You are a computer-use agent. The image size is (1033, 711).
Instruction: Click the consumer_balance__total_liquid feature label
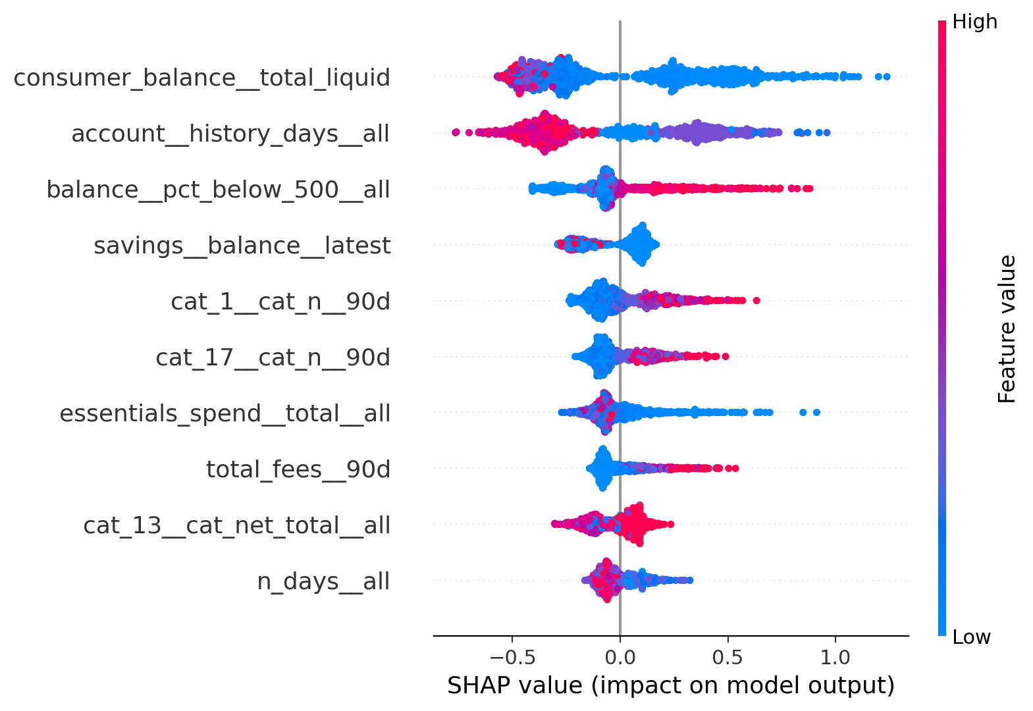pyautogui.click(x=201, y=78)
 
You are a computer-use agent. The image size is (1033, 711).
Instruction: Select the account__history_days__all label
pyautogui.click(x=230, y=134)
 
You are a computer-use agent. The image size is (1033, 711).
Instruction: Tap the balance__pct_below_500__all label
pyautogui.click(x=218, y=190)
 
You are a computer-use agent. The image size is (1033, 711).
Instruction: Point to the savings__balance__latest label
pyautogui.click(x=242, y=246)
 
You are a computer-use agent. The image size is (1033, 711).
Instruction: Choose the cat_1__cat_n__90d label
pyautogui.click(x=280, y=302)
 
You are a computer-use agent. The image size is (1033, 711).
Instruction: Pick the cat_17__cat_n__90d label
pyautogui.click(x=273, y=357)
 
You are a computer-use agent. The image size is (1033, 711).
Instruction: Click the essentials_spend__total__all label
pyautogui.click(x=225, y=413)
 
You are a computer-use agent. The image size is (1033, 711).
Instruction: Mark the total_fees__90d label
pyautogui.click(x=298, y=469)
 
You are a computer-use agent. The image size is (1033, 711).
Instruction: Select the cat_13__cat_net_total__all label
pyautogui.click(x=236, y=525)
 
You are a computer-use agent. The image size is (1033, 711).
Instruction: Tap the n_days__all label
pyautogui.click(x=323, y=581)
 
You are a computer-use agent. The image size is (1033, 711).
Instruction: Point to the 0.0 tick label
pyautogui.click(x=620, y=657)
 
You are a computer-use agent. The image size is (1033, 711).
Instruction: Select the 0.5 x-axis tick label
pyautogui.click(x=728, y=657)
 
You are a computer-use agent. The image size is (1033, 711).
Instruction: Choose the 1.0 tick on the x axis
pyautogui.click(x=835, y=657)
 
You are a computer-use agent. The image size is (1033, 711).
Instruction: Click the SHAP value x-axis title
pyautogui.click(x=671, y=685)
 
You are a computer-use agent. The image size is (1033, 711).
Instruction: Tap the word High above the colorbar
pyautogui.click(x=974, y=22)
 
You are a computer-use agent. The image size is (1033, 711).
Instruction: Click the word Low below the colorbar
pyautogui.click(x=971, y=637)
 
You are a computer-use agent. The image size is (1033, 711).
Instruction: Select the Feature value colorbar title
pyautogui.click(x=1007, y=329)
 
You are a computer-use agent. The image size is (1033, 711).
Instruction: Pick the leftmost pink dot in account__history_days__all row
pyautogui.click(x=456, y=132)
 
